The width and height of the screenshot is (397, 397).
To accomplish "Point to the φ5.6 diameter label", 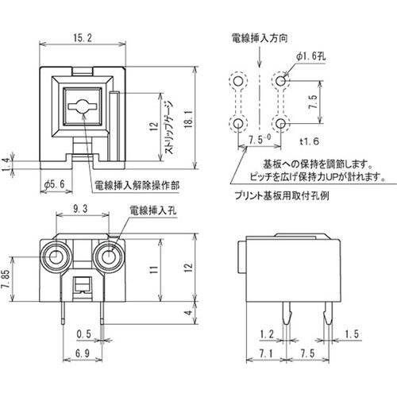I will (x=50, y=185).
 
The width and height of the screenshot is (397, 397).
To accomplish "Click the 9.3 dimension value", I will (x=80, y=209).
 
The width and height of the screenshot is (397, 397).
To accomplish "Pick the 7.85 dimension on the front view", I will (x=10, y=279).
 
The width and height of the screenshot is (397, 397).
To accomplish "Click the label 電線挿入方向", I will (x=253, y=37).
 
